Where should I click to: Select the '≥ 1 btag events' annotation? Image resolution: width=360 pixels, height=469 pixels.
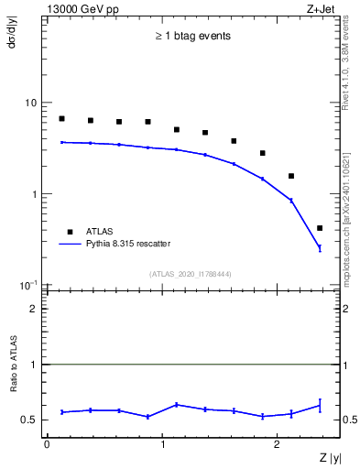tap(192, 37)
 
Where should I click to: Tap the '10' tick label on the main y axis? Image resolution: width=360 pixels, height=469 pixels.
tap(30, 103)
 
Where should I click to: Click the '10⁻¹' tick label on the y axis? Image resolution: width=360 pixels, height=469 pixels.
tap(28, 285)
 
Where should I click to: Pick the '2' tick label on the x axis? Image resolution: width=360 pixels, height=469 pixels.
tap(278, 443)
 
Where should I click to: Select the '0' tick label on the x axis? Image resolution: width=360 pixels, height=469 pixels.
tap(47, 443)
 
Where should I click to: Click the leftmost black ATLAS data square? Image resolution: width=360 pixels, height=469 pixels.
tap(61, 118)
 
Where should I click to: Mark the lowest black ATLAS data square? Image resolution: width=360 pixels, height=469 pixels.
tap(320, 228)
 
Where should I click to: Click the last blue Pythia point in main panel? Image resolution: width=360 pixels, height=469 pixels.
tap(320, 247)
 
